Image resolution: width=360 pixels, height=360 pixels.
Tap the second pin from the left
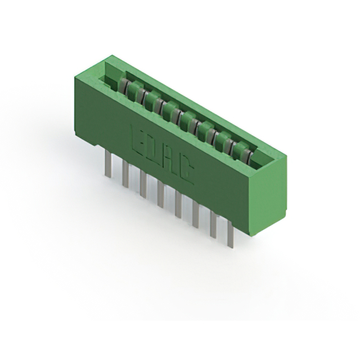point(125,175)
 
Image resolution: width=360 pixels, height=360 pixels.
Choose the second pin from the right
point(213,225)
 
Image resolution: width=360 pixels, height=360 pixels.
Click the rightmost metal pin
point(230,235)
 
